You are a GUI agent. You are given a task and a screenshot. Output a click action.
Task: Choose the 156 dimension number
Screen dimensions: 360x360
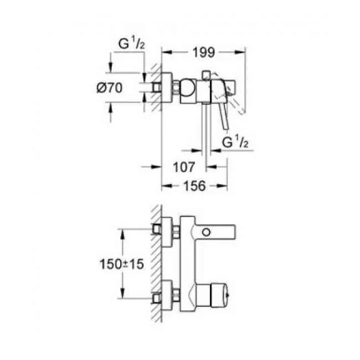pos(195,187)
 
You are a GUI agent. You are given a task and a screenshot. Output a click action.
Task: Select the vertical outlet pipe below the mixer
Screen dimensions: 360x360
pos(206,133)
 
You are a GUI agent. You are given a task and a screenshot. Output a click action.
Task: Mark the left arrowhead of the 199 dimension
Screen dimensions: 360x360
pos(164,53)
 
